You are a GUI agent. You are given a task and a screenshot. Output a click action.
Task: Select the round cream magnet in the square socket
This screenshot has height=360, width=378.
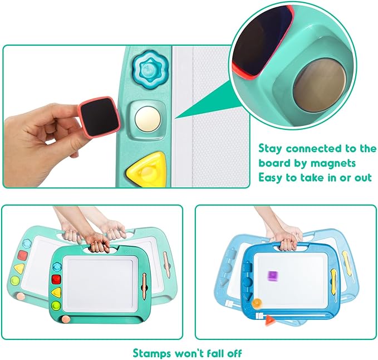click(x=148, y=119)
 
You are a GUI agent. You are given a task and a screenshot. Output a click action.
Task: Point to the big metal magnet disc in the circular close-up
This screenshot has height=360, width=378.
click(x=320, y=85)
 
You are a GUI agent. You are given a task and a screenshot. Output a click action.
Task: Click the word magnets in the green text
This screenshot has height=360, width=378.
click(x=333, y=163)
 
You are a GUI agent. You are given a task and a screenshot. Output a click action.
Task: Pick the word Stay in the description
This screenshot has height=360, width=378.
click(x=270, y=148)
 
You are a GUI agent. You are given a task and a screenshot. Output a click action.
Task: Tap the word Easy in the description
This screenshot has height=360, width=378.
click(x=271, y=178)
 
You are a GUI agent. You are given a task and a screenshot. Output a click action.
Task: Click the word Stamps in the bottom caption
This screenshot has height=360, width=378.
click(x=151, y=354)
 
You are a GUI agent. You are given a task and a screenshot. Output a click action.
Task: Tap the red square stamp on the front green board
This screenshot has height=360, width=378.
click(x=56, y=279)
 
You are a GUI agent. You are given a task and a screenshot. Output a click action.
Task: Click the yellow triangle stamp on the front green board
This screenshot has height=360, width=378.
click(x=56, y=292)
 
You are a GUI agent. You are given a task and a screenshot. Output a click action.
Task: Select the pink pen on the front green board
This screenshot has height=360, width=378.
click(x=144, y=286)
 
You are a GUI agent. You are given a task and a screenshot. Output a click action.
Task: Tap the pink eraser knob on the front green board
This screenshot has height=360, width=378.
click(x=66, y=319)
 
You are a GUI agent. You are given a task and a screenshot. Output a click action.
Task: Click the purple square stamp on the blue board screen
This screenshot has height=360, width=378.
click(x=273, y=276)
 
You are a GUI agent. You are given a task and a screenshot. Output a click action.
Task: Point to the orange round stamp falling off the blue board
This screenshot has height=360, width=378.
click(x=257, y=303)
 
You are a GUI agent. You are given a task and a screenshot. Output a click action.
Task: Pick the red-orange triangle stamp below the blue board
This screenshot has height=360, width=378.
click(x=269, y=321)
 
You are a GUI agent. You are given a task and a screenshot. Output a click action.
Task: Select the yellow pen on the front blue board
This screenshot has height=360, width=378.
click(x=333, y=281)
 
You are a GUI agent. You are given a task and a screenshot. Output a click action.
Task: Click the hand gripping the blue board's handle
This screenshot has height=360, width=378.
click(x=288, y=240)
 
